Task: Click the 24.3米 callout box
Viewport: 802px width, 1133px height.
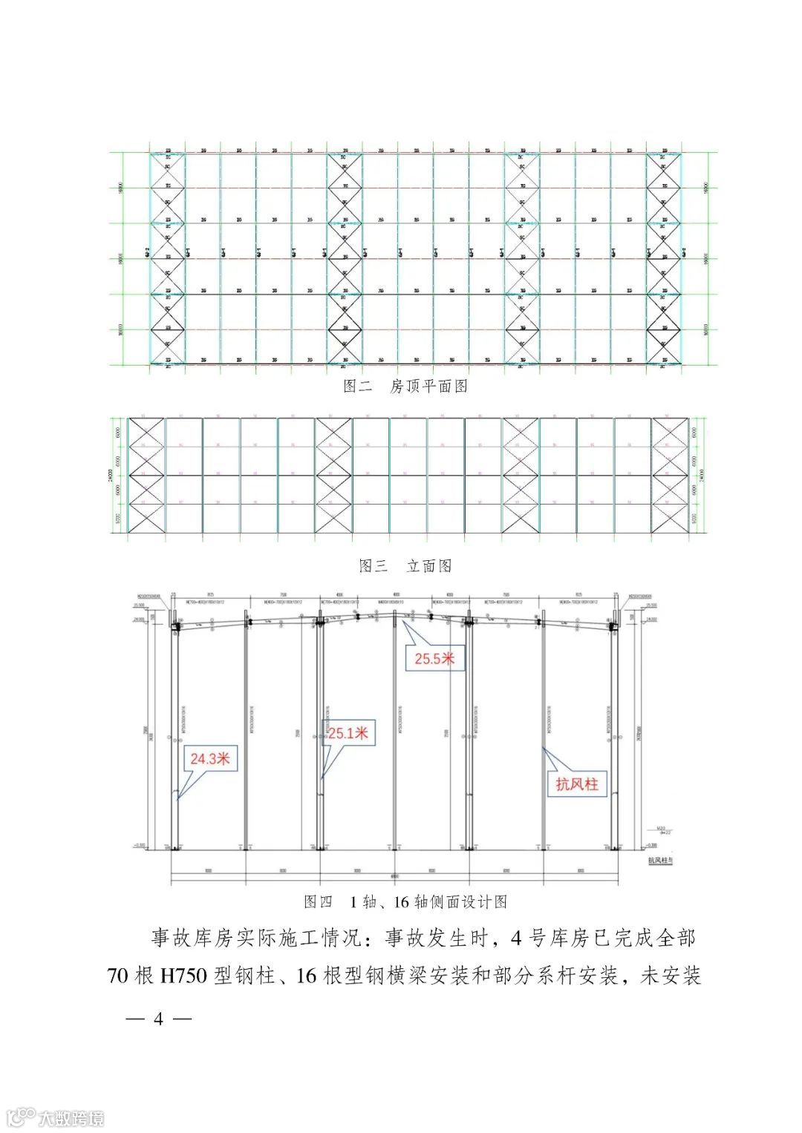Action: [x=211, y=758]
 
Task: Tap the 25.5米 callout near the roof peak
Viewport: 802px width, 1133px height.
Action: [x=434, y=658]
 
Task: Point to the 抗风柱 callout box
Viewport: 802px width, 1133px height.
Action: [x=577, y=784]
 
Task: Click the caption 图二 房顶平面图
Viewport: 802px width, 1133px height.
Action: [x=405, y=386]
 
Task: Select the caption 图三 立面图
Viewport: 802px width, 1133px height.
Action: [x=405, y=566]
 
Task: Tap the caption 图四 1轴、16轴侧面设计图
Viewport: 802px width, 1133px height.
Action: [x=405, y=902]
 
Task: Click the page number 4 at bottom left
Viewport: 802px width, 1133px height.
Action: [x=158, y=1019]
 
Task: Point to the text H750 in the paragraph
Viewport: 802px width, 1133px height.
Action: [x=183, y=975]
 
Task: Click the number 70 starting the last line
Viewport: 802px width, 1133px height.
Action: [x=119, y=975]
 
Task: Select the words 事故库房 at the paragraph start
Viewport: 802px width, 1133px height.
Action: [x=194, y=938]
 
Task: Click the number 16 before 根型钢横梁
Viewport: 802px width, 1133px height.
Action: [x=307, y=975]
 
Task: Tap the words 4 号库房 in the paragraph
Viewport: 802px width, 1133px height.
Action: [x=551, y=938]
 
